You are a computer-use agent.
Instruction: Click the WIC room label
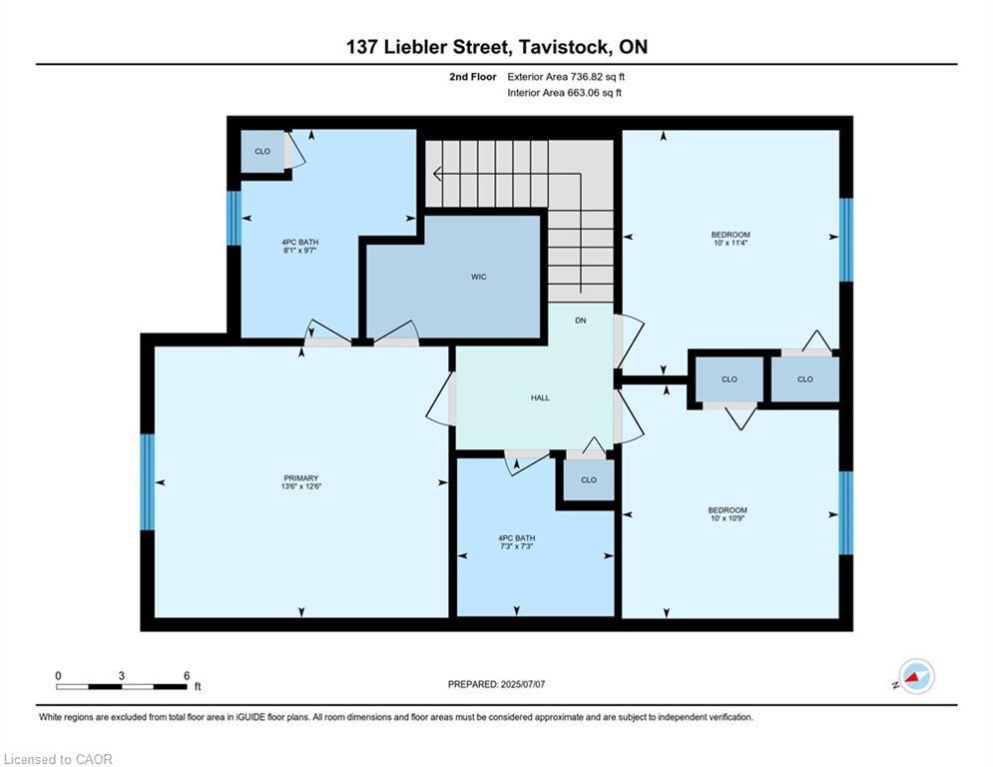pyautogui.click(x=479, y=277)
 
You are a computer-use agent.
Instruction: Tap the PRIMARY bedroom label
pyautogui.click(x=300, y=478)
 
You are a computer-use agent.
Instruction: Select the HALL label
pyautogui.click(x=540, y=397)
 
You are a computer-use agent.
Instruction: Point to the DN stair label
pyautogui.click(x=580, y=321)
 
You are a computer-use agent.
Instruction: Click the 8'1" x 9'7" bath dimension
pyautogui.click(x=300, y=251)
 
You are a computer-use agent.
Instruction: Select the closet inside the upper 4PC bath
pyautogui.click(x=262, y=152)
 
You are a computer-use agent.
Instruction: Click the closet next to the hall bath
pyautogui.click(x=588, y=480)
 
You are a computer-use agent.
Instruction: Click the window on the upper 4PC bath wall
pyautogui.click(x=234, y=218)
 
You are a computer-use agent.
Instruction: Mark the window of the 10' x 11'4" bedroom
pyautogui.click(x=846, y=240)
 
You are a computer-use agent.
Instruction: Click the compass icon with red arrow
pyautogui.click(x=915, y=677)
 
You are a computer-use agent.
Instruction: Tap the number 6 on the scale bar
pyautogui.click(x=186, y=676)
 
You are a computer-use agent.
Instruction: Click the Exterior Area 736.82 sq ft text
pyautogui.click(x=566, y=76)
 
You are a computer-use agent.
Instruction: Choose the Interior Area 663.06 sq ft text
pyautogui.click(x=565, y=93)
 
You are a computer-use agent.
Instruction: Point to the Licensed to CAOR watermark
pyautogui.click(x=58, y=759)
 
